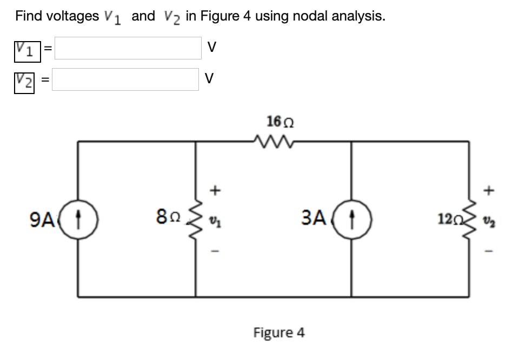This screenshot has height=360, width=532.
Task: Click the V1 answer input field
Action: tap(128, 48)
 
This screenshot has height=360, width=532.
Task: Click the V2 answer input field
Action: tap(125, 79)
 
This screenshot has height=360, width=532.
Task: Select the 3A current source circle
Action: tap(351, 220)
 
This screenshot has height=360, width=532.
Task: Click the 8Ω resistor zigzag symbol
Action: tap(196, 220)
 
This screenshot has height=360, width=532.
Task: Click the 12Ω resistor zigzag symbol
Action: tap(469, 220)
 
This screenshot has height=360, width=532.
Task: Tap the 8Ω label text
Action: tap(167, 220)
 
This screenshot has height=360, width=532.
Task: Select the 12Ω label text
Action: tap(448, 221)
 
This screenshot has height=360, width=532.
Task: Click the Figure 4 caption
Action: tap(279, 332)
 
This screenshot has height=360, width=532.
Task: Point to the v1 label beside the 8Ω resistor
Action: tap(215, 221)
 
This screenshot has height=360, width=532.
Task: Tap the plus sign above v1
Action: tap(215, 190)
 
